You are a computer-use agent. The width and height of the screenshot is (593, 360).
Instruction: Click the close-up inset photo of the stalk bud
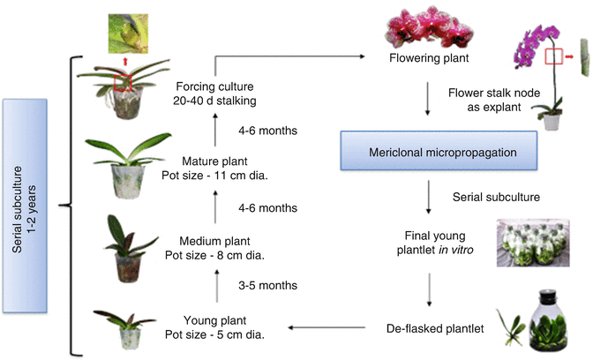[x=124, y=32]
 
